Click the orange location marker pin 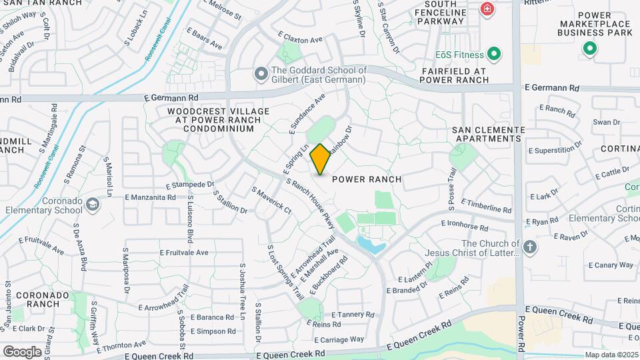tap(320, 159)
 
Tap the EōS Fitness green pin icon tap(494, 53)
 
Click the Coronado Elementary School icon tap(92, 203)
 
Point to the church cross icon tap(530, 247)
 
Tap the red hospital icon tap(487, 9)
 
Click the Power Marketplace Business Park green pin tap(589, 48)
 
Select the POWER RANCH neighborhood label tap(367, 179)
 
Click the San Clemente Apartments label tap(486, 134)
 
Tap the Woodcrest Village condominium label tap(219, 120)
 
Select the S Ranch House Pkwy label tap(309, 201)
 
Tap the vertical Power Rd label tap(521, 328)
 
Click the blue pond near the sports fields tap(370, 245)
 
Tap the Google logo tap(22, 351)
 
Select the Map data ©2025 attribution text tap(611, 355)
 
